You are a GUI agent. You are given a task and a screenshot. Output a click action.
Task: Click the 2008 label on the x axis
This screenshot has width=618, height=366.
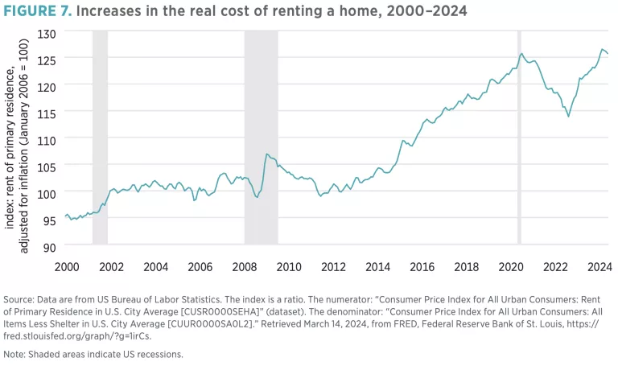click(x=245, y=266)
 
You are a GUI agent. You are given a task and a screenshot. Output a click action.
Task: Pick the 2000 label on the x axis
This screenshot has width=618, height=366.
click(x=67, y=266)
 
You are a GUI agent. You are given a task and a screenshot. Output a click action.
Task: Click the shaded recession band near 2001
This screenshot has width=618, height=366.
click(x=100, y=137)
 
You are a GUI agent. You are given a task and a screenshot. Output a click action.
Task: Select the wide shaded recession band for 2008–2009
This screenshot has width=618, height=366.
click(x=261, y=137)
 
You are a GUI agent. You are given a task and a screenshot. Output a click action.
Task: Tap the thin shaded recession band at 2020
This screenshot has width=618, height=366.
click(x=519, y=137)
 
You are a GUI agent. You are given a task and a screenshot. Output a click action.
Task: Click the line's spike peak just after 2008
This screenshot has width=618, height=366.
click(x=266, y=154)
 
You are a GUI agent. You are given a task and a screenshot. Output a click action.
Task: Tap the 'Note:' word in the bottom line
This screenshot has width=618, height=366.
click(x=18, y=353)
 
